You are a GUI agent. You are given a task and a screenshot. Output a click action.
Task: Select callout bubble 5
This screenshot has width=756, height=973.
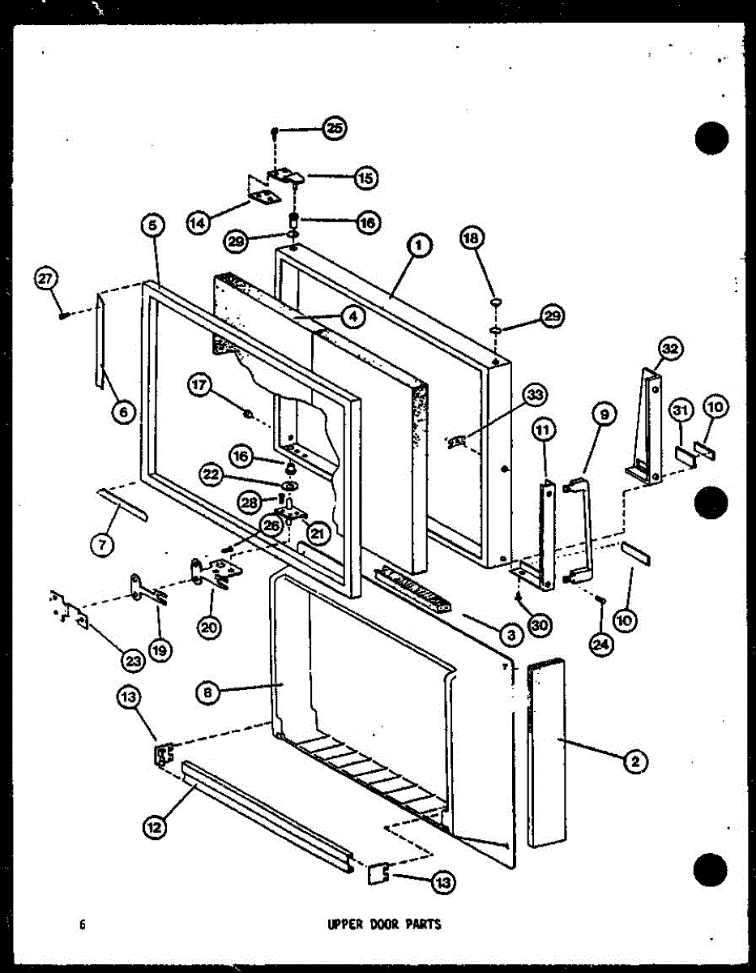point(154,227)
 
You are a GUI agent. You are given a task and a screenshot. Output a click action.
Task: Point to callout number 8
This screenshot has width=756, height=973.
point(209,692)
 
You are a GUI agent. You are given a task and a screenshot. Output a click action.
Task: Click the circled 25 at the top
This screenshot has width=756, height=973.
point(334,128)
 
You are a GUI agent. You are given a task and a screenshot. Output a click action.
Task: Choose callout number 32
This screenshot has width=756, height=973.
point(670,350)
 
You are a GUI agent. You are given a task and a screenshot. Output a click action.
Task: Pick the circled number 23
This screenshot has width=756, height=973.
point(133,660)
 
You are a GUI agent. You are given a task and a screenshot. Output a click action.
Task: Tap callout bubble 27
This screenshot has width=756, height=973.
point(45,281)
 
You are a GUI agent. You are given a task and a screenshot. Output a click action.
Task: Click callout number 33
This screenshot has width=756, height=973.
point(534,396)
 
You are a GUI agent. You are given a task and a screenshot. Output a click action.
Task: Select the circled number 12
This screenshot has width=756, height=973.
point(154,827)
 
